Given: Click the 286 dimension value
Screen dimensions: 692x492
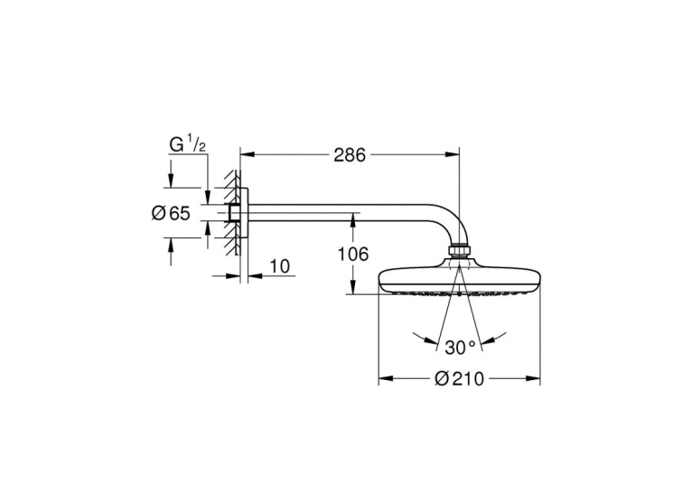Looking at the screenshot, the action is click(350, 154).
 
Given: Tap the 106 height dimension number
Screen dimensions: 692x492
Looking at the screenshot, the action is click(352, 254).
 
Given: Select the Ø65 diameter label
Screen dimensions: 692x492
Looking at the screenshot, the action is click(172, 213).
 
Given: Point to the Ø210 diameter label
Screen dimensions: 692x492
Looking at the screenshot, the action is click(459, 378).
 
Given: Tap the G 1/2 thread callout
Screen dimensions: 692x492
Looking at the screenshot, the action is click(187, 144).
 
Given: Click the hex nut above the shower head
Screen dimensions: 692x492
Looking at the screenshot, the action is click(459, 251).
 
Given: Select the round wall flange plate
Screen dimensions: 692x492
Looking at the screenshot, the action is click(245, 213).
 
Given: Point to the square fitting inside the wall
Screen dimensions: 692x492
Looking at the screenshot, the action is click(235, 213).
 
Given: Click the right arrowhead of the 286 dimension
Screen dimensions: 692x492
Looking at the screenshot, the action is click(452, 154).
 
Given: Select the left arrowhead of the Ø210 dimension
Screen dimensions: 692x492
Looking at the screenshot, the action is click(386, 378).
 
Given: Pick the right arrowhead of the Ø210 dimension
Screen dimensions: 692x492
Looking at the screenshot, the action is click(533, 378).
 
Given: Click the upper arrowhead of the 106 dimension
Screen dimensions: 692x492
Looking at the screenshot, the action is click(353, 220).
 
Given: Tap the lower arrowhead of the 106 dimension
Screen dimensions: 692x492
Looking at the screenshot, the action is click(353, 286).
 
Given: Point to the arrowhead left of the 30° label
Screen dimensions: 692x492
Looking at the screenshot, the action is click(431, 340).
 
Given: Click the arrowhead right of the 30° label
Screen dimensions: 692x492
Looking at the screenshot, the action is click(487, 340).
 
